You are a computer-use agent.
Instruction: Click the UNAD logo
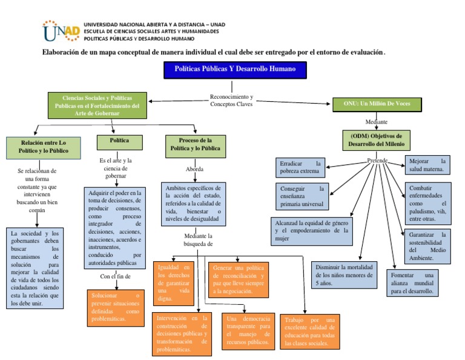[x=61, y=31]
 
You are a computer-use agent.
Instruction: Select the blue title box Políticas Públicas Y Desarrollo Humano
[x=236, y=70]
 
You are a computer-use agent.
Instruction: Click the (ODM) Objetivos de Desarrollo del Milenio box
[x=377, y=140]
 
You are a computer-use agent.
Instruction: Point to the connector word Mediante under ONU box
[x=377, y=121]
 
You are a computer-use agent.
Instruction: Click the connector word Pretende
[x=377, y=161]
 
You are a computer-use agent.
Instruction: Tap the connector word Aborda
[x=194, y=168]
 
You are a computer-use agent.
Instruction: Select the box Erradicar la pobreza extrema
[x=300, y=168]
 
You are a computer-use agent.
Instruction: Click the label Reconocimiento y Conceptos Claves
[x=232, y=100]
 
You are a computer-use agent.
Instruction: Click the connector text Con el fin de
[x=115, y=277]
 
